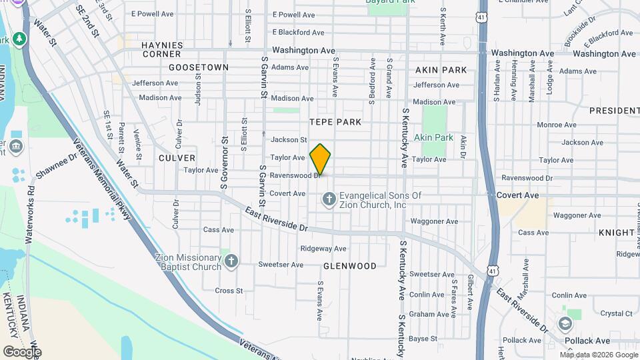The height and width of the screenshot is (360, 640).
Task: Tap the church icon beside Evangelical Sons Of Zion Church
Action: pyautogui.click(x=329, y=199)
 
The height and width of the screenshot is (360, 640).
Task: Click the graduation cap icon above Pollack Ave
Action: pyautogui.click(x=565, y=325)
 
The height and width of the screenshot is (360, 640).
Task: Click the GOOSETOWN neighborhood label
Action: pyautogui.click(x=199, y=67)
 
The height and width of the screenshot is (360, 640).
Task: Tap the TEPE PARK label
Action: pyautogui.click(x=335, y=122)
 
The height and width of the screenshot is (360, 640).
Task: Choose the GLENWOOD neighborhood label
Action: pyautogui.click(x=350, y=265)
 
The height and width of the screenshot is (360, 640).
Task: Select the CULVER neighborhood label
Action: pyautogui.click(x=177, y=158)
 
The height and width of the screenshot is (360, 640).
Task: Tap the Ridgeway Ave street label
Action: pyautogui.click(x=323, y=249)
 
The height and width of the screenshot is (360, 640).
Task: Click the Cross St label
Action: pyautogui.click(x=229, y=291)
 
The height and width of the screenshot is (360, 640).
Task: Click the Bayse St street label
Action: pyautogui.click(x=423, y=339)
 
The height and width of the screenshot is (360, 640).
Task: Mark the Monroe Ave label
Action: pyautogui.click(x=557, y=125)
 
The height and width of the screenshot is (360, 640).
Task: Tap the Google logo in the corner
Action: pyautogui.click(x=21, y=351)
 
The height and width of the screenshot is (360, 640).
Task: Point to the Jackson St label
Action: pyautogui.click(x=289, y=140)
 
